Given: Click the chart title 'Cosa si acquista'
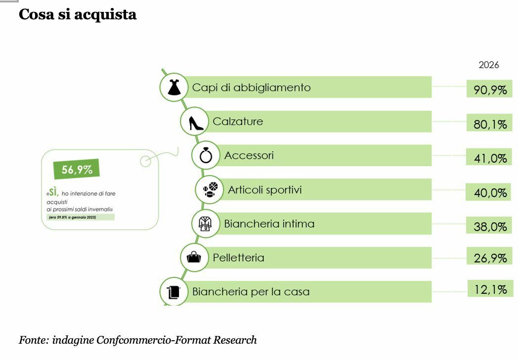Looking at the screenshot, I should point(78,14).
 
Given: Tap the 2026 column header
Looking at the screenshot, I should point(489,65).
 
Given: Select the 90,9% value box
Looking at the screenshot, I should point(490,90).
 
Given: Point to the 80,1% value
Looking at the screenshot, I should point(490,124).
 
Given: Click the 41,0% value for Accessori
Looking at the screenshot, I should point(490,158).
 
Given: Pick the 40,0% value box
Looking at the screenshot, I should point(490,192).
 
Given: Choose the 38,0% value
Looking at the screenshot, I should point(490,226).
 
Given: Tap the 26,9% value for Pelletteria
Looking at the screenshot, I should point(490,258).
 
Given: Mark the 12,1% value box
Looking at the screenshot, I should point(490,289).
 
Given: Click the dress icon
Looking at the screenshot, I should point(174,87).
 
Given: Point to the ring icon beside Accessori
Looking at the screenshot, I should point(206,156).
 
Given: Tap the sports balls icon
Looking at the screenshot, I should point(209,189).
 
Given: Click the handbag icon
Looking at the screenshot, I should point(194,257).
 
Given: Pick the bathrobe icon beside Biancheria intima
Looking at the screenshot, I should point(205,224).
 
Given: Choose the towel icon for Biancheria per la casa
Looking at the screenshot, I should point(173,292).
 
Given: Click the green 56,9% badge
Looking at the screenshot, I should point(77,170).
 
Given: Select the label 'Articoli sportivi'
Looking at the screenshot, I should point(264,190).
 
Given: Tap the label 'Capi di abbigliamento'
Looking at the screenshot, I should point(251,88).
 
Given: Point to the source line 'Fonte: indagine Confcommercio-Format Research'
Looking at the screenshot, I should point(138,340).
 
